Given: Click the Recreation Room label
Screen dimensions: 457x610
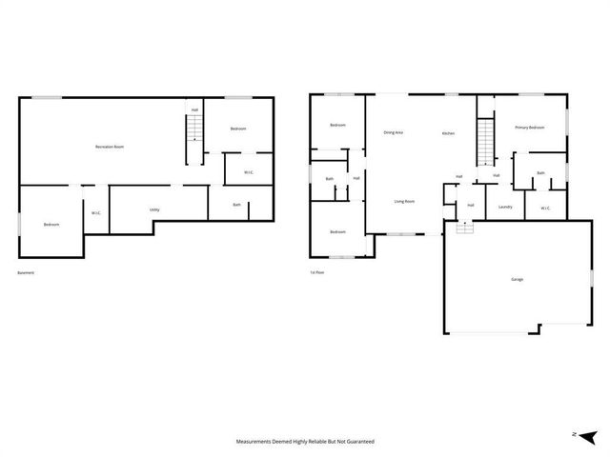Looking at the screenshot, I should point(110,147).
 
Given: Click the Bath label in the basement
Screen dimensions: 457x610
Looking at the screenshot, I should point(237,205).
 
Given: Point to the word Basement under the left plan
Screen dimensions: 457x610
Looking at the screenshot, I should point(26,273).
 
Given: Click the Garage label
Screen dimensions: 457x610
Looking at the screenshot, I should point(517,279).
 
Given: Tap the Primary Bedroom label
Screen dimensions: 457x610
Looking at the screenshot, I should point(530,127).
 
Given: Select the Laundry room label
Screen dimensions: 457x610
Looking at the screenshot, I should point(506,207).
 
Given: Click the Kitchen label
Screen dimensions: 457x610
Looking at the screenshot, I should point(448,133).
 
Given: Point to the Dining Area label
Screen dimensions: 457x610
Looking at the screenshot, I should point(393,132).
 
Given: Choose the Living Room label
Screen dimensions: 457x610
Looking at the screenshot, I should point(404,201).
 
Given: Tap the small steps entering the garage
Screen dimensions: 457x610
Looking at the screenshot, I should point(464,228).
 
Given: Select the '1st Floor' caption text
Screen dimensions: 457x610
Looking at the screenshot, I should point(317,273).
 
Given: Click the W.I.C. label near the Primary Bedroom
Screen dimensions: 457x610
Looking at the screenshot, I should point(545,208).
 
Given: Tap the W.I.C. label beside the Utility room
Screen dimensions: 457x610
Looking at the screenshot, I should point(96,213).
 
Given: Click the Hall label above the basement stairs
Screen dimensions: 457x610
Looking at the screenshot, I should point(194,110).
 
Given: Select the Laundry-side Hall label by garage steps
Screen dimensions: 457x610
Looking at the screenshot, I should point(471,205).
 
